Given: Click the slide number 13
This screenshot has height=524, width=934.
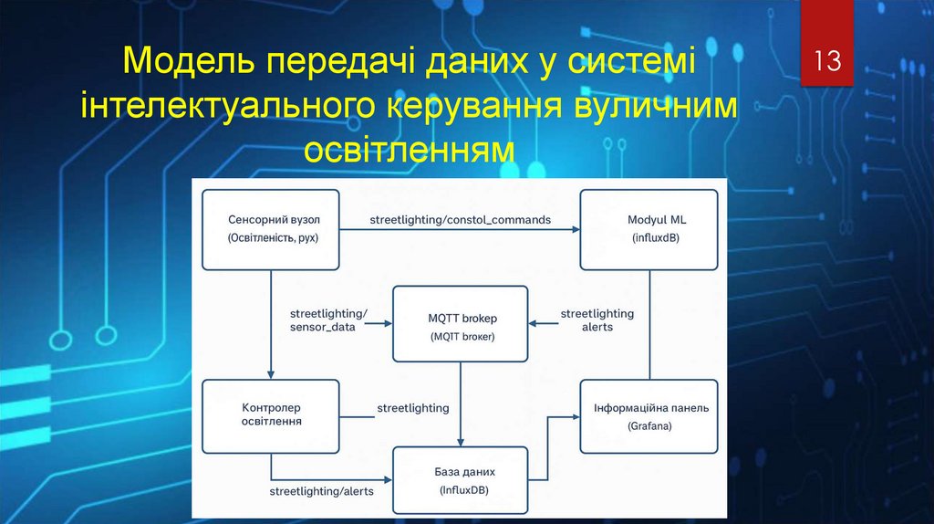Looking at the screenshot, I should pyautogui.click(x=826, y=61).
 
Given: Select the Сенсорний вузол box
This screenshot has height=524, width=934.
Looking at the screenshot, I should pyautogui.click(x=270, y=229).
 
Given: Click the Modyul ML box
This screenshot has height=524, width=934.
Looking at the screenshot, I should pyautogui.click(x=649, y=229).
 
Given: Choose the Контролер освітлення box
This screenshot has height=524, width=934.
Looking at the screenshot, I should pyautogui.click(x=270, y=415).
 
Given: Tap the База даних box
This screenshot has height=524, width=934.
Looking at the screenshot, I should pyautogui.click(x=461, y=481).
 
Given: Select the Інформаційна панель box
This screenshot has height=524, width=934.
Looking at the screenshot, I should pyautogui.click(x=649, y=416).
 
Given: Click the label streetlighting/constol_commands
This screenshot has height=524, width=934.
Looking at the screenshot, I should pyautogui.click(x=460, y=219).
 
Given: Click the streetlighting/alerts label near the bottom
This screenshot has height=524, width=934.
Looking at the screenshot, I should pyautogui.click(x=321, y=491).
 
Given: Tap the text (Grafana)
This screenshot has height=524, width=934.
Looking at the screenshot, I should pyautogui.click(x=649, y=426).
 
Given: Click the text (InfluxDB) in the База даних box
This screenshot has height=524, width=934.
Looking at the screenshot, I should pyautogui.click(x=461, y=491).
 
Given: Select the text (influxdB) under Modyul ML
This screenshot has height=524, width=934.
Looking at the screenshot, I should pyautogui.click(x=649, y=238).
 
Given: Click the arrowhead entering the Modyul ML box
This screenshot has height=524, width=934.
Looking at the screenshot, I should pyautogui.click(x=576, y=229).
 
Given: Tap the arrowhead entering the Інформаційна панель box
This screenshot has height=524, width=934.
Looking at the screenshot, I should pyautogui.click(x=576, y=416).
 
